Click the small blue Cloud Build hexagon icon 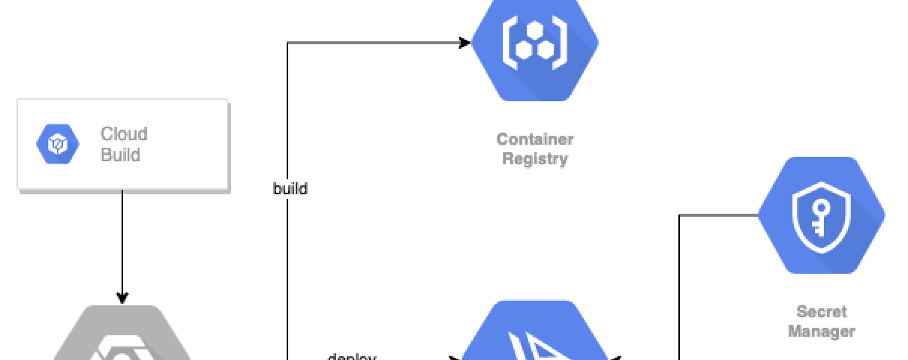(x=58, y=143)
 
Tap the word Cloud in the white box (x=124, y=134)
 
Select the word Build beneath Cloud (x=120, y=155)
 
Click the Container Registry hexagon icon (x=535, y=45)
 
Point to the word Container (x=534, y=139)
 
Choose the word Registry (x=534, y=159)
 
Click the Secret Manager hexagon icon (x=821, y=215)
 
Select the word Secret (x=821, y=311)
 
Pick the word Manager (x=821, y=331)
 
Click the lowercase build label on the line (x=290, y=189)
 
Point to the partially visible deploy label (x=352, y=356)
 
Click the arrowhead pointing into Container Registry (x=465, y=43)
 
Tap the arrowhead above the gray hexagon (x=122, y=298)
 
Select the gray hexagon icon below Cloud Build (x=122, y=337)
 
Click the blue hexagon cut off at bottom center (x=534, y=334)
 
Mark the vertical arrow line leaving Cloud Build (x=122, y=240)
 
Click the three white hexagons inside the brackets (x=534, y=40)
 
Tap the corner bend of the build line (x=287, y=43)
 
